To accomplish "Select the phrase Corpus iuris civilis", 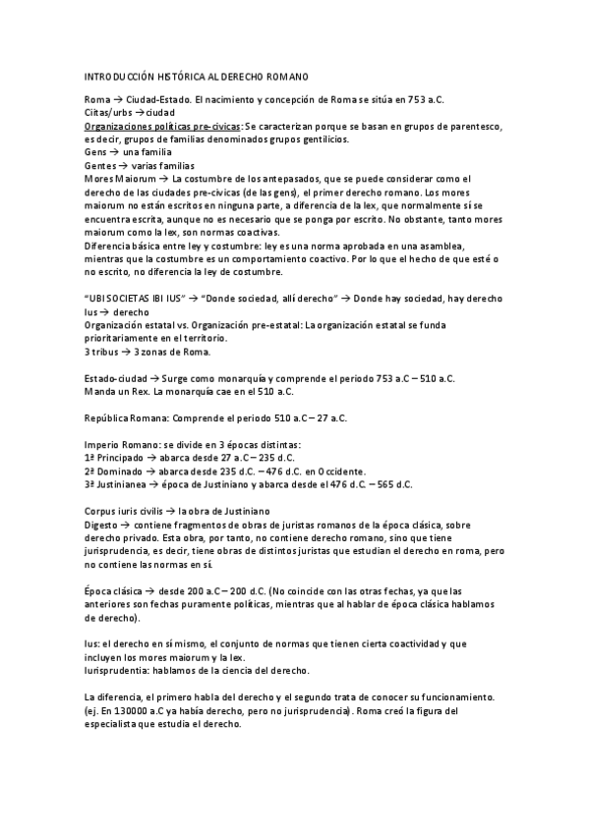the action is [x=124, y=511].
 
